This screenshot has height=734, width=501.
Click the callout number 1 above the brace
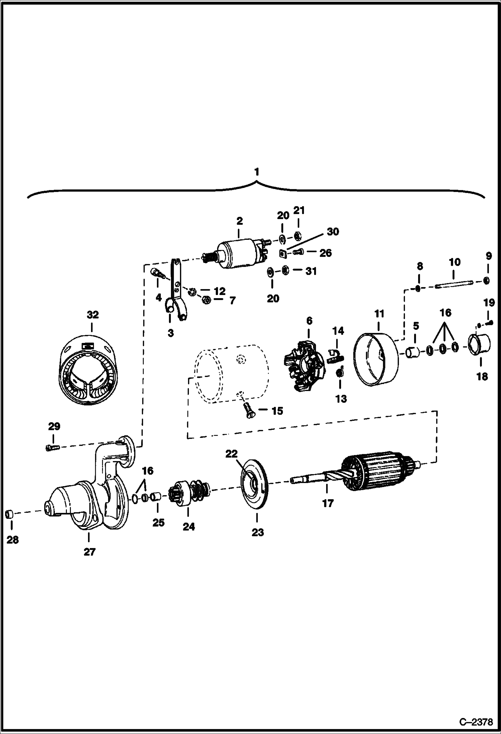[256, 172]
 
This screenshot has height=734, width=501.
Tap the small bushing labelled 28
[10, 514]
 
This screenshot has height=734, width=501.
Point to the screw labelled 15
[249, 409]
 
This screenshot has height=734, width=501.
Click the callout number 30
[332, 232]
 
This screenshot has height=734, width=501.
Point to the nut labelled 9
[487, 280]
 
